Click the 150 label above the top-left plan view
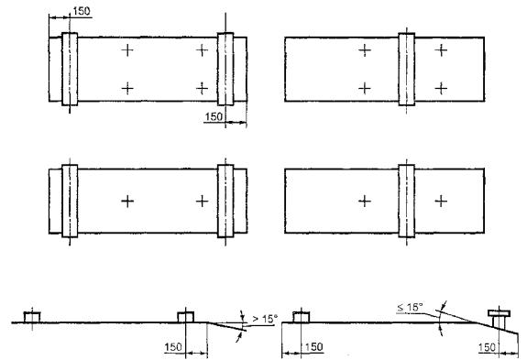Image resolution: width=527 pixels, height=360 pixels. coord(82,11)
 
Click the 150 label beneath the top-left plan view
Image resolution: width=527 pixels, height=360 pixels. coord(214,116)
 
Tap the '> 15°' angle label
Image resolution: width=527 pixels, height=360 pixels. coord(265,319)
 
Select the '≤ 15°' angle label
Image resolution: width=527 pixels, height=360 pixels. coord(410,307)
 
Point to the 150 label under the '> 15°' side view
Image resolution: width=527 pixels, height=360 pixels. coord(173,347)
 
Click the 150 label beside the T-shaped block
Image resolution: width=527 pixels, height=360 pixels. coord(487,347)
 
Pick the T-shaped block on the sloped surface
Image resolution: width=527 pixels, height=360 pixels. coord(499,320)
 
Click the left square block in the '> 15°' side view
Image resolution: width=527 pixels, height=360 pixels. coord(32,317)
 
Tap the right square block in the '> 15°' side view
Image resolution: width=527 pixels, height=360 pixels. coord(185,317)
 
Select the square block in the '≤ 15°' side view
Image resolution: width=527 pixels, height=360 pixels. coord(302,317)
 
